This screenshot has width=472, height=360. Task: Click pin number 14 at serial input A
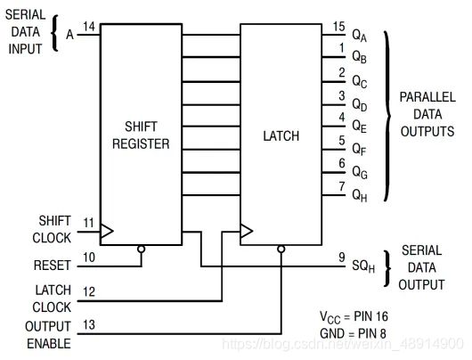coord(89,27)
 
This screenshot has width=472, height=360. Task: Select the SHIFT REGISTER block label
coord(141,135)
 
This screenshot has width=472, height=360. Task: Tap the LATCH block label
coord(281,135)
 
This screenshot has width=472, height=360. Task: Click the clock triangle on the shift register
coord(107,231)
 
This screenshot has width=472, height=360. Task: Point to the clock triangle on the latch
coord(247,231)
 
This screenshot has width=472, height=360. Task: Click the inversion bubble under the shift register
coord(142,250)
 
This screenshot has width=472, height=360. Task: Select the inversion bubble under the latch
coord(281,250)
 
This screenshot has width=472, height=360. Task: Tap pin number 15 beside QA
coord(339,27)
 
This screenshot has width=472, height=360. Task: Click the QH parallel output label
coord(360,196)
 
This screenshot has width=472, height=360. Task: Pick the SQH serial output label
coord(363,266)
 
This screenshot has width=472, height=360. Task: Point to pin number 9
coord(342,258)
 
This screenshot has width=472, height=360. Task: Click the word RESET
coord(52,266)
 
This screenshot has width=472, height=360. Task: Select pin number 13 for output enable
coord(89,324)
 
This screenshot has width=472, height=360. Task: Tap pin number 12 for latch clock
coord(89,291)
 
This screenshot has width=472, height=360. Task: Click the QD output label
coord(360,105)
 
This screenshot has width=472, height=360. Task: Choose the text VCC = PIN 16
coord(354,317)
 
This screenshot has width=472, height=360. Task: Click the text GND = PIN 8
coord(353,333)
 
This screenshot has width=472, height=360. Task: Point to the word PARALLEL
coord(427,97)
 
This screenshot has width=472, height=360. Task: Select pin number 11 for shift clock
coord(89,223)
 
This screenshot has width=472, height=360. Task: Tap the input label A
coord(69,35)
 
